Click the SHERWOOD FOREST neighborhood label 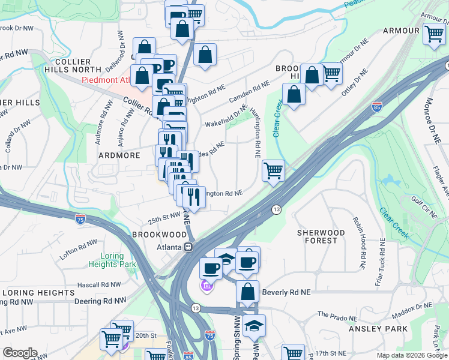point(321,236)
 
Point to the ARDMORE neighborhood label point(119,155)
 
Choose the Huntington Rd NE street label point(257,137)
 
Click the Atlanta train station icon point(188,247)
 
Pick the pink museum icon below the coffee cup point(206,286)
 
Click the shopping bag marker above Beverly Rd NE point(247,292)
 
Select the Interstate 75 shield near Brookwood point(81,220)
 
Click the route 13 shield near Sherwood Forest point(276,209)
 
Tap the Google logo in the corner point(20,353)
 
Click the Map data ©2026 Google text point(411,356)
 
